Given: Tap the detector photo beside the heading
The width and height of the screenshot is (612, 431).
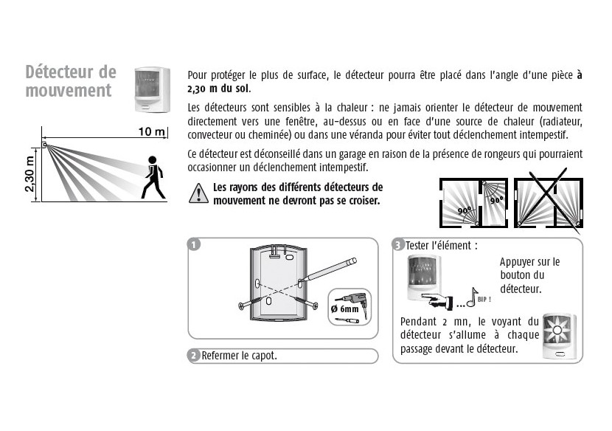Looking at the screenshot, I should click(152, 89).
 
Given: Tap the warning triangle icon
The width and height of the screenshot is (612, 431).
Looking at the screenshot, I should click(198, 194).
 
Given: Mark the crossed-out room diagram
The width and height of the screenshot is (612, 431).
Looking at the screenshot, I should click(549, 201).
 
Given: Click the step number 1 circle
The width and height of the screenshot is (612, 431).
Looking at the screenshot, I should click(194, 245).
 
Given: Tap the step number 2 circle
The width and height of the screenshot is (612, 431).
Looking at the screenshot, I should click(194, 356).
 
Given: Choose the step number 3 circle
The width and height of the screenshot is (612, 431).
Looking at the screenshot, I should click(398, 245).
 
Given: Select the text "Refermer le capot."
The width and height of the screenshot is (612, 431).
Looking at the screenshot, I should click(240, 356).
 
